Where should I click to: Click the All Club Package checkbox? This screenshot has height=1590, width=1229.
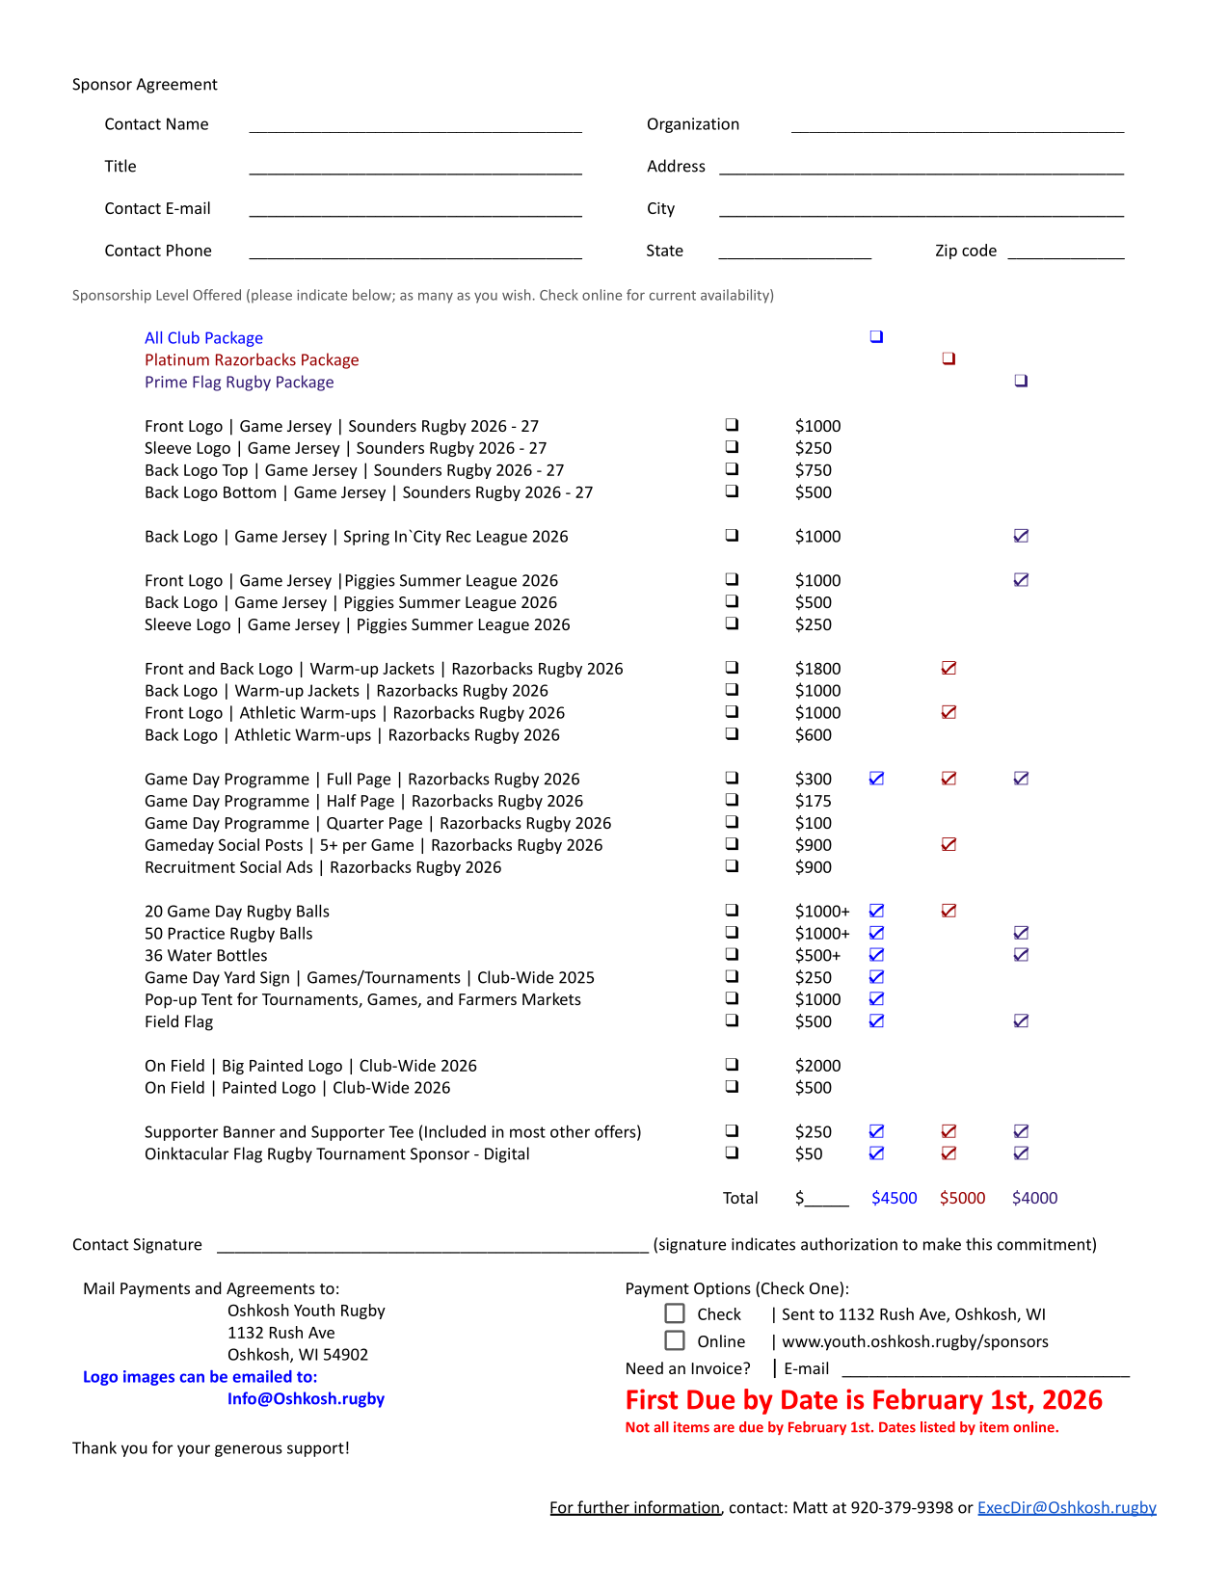point(876,336)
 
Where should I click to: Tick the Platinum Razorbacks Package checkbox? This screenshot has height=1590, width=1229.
point(948,358)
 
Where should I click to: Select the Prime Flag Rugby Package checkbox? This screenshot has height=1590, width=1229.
point(1021,381)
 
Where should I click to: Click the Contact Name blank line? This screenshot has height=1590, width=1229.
point(414,125)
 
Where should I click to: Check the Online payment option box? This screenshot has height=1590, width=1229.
point(675,1340)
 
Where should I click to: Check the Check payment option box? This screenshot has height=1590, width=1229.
point(675,1313)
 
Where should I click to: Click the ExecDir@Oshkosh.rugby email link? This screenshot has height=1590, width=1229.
point(1066,1507)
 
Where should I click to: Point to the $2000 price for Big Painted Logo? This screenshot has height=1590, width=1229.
point(817,1066)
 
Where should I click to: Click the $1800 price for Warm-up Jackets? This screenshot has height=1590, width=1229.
point(817,669)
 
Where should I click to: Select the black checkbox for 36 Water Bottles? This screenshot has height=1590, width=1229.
point(732,954)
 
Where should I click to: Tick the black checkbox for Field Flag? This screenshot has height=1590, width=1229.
point(732,1020)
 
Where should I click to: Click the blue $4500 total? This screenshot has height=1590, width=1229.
point(894,1198)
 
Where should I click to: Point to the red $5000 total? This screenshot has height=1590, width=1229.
point(962,1198)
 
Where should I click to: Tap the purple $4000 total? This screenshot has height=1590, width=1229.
point(1034,1198)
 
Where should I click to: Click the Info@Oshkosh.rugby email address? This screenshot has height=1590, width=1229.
point(306,1398)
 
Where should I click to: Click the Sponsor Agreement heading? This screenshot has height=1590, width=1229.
point(145,85)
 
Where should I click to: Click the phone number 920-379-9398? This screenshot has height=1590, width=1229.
point(901,1507)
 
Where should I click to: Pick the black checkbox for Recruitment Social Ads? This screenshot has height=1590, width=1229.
point(732,865)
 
